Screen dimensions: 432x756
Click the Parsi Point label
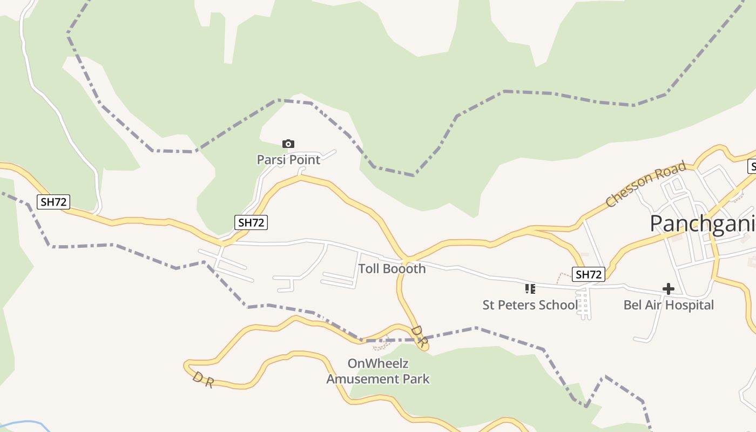(x=288, y=160)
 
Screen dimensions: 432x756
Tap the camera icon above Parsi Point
(x=288, y=144)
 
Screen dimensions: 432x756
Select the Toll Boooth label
(x=392, y=268)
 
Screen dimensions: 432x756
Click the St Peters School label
(x=529, y=305)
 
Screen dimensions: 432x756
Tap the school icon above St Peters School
(x=530, y=289)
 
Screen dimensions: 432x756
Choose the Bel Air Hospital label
(x=669, y=305)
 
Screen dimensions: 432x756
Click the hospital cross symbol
(x=669, y=289)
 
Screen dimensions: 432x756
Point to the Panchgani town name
(x=702, y=223)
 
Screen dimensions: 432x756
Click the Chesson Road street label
(x=646, y=184)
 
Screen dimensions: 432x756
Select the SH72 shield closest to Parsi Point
(x=251, y=222)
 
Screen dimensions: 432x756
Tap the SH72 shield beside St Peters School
(x=589, y=274)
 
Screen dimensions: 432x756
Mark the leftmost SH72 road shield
(x=53, y=202)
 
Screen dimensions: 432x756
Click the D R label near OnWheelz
(x=419, y=336)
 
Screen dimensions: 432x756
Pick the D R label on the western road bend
(x=203, y=379)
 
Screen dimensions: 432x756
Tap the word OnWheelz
(x=377, y=363)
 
